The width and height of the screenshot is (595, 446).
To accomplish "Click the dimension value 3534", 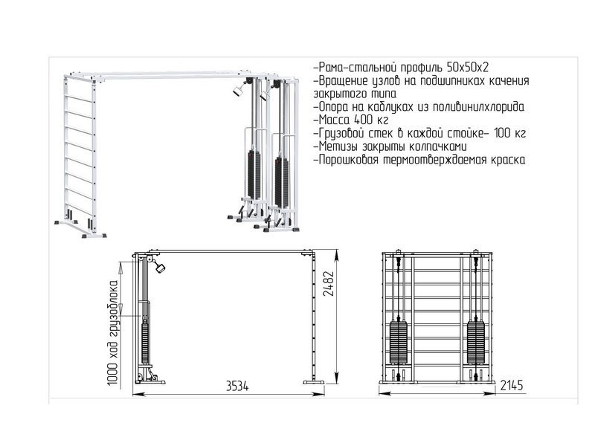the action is (237, 387).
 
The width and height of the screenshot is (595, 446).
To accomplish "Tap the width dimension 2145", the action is (512, 385).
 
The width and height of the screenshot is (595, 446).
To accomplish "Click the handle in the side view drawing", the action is (160, 268).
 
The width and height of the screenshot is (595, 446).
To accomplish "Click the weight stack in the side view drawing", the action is (145, 341).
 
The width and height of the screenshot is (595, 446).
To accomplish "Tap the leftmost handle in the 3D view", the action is (238, 91).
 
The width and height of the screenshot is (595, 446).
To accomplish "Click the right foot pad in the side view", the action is (313, 382).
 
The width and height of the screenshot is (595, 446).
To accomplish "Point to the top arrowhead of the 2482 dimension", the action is (337, 254).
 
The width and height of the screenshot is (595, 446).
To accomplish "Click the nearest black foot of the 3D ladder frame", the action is (94, 236).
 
